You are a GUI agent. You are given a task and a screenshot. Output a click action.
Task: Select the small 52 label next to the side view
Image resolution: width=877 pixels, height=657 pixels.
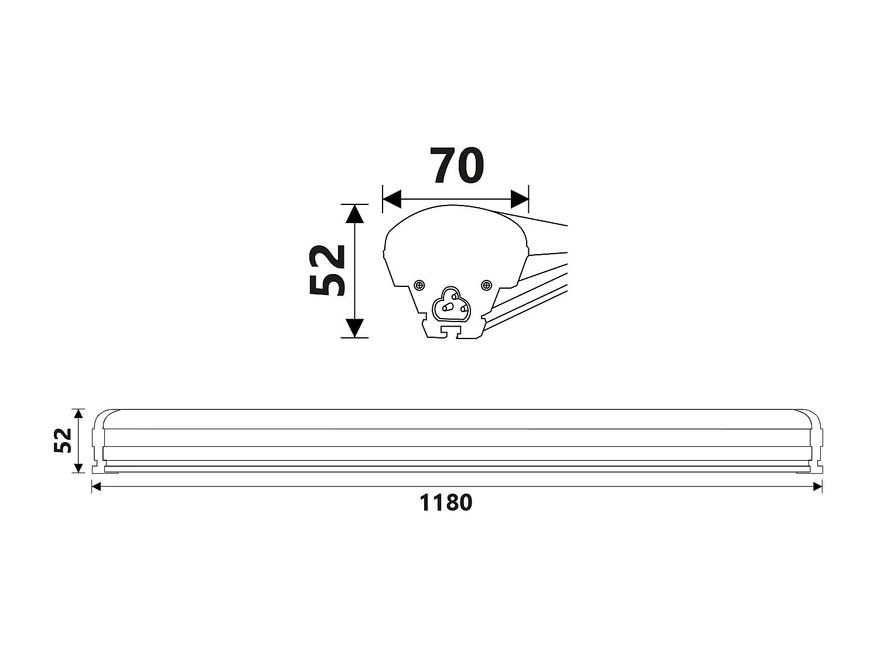coord(63,440)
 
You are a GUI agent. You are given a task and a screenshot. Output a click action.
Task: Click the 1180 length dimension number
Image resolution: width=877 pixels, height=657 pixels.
coord(446,502)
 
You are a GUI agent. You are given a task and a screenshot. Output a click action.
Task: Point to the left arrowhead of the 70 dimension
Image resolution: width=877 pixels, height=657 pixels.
coord(391,199)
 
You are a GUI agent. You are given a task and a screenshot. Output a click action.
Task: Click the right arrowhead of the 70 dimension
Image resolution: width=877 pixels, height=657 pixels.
coord(520,199)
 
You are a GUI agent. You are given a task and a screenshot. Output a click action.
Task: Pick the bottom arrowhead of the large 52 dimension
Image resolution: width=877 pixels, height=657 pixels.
coord(354,328)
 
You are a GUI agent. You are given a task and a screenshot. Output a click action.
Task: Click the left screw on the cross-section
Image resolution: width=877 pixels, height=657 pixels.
coord(419,285)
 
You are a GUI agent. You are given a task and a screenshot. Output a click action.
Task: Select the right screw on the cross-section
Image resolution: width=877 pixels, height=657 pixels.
coord(486,285)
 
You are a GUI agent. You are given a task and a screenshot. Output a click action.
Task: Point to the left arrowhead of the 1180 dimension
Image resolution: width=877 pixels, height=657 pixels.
coord(97,486)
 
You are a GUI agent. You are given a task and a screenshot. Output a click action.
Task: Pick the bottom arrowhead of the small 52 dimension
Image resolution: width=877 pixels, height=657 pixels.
coord(79,468)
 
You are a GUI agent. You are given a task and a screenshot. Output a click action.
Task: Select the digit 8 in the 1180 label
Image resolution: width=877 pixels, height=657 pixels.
coord(451,502)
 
